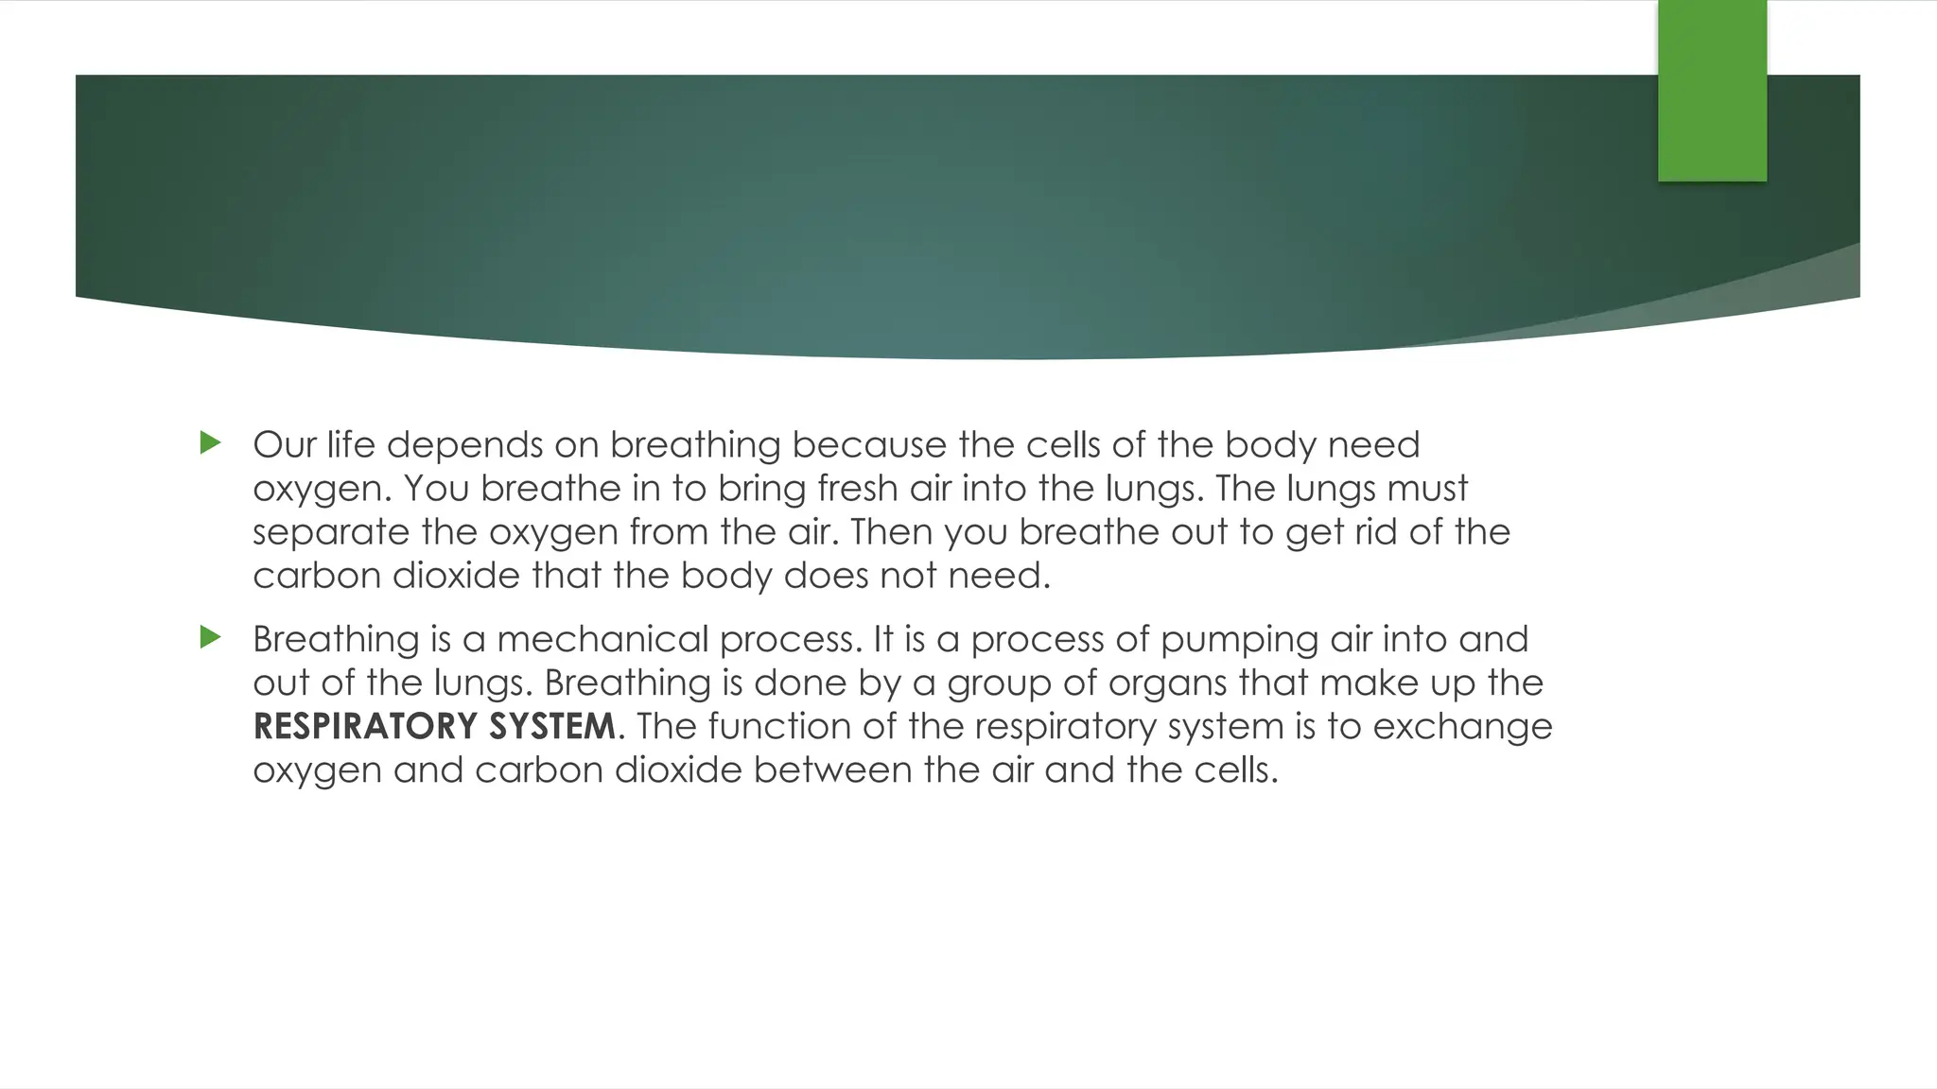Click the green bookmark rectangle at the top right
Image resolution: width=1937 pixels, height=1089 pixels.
point(1712,91)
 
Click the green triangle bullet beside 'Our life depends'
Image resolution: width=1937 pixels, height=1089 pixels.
point(211,442)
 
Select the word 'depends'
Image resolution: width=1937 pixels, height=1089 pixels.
point(463,446)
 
